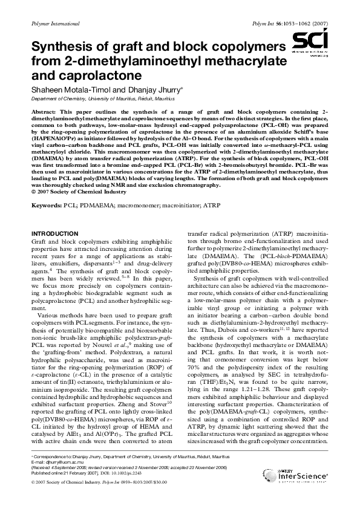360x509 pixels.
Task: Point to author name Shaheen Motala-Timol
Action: point(67,88)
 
